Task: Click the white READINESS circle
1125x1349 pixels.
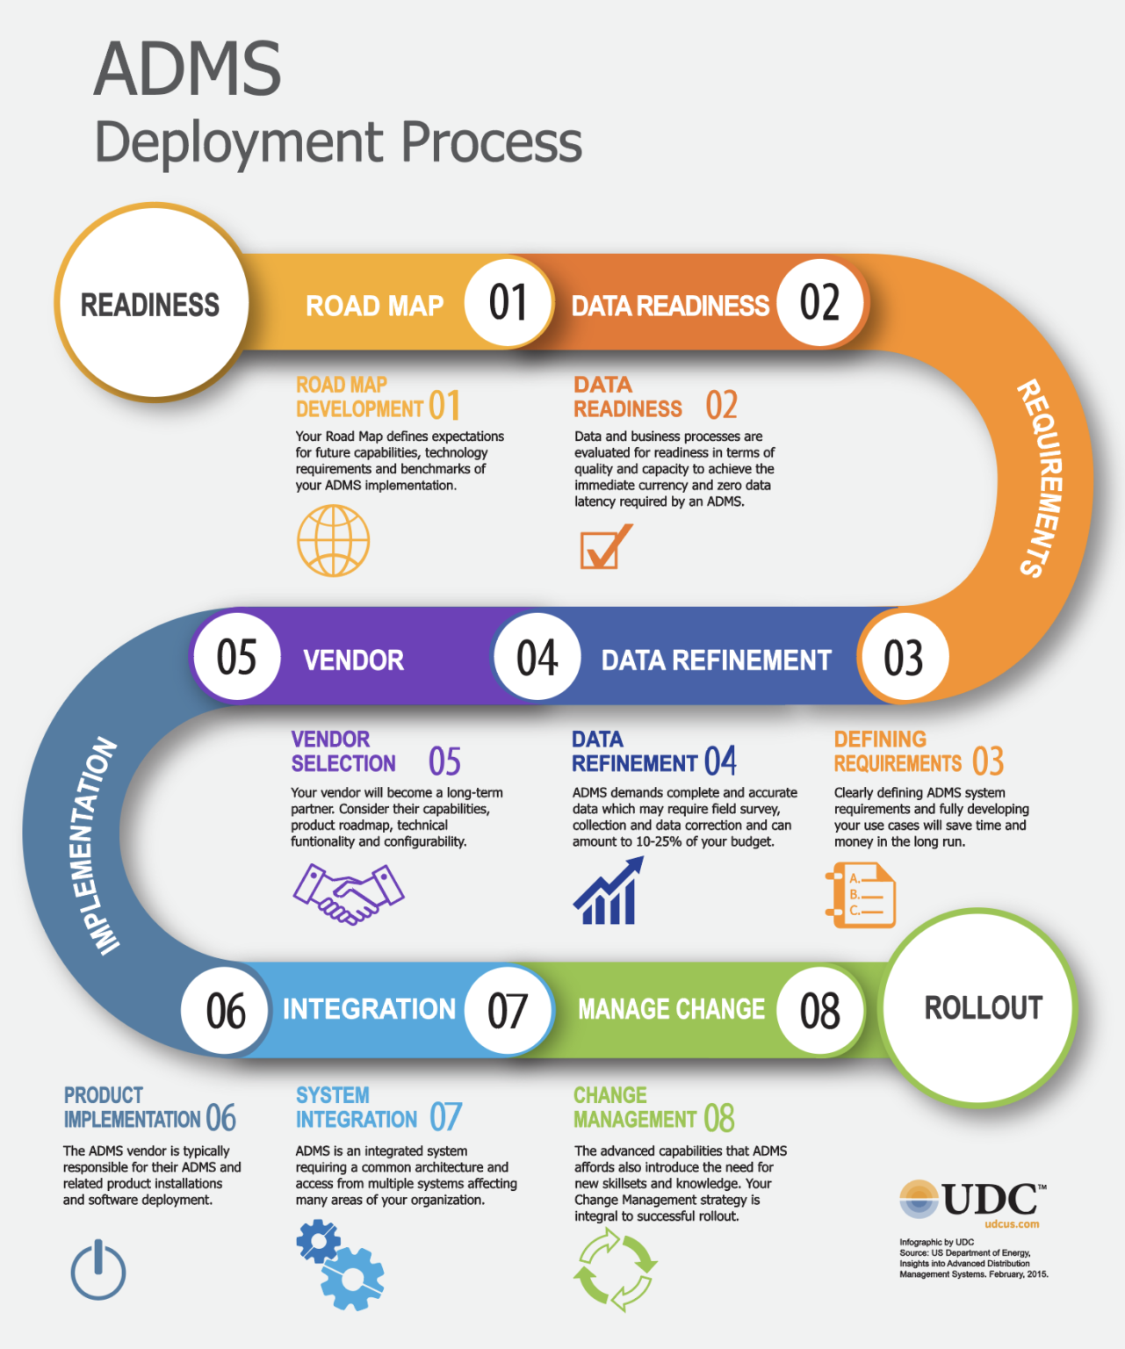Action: pyautogui.click(x=151, y=303)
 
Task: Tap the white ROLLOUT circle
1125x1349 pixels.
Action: pyautogui.click(x=981, y=1007)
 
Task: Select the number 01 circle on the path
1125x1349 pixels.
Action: pyautogui.click(x=508, y=303)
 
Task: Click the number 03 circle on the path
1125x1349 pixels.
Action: pyautogui.click(x=903, y=658)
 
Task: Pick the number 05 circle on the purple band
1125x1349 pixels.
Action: pyautogui.click(x=236, y=657)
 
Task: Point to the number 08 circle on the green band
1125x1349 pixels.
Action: pyautogui.click(x=819, y=1010)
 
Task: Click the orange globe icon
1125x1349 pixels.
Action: pyautogui.click(x=333, y=540)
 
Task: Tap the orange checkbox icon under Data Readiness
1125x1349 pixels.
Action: pyautogui.click(x=605, y=546)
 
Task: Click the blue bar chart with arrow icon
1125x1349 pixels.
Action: pyautogui.click(x=608, y=891)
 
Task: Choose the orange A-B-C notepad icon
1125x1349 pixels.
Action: pyautogui.click(x=861, y=895)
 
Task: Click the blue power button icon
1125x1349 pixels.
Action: pyautogui.click(x=97, y=1270)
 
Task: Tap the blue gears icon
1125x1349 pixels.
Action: pyautogui.click(x=340, y=1266)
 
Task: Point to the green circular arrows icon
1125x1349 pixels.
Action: pyautogui.click(x=614, y=1269)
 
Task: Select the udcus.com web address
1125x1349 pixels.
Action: pyautogui.click(x=1012, y=1223)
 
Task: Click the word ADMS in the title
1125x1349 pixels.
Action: pyautogui.click(x=187, y=69)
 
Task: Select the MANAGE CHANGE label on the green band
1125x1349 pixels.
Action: pyautogui.click(x=671, y=1009)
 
